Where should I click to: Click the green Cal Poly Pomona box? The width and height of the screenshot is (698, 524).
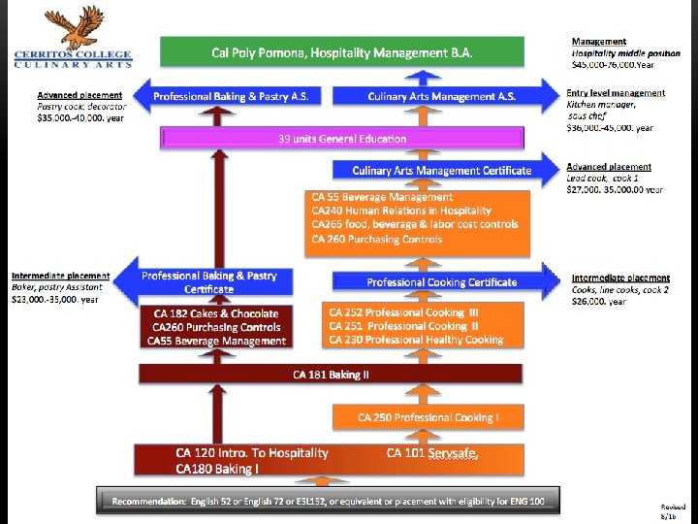[x=342, y=52]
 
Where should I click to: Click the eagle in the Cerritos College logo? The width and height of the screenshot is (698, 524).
[x=75, y=26]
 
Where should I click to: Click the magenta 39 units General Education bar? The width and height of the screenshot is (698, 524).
[x=342, y=139]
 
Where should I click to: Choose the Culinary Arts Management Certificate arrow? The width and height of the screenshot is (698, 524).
[x=442, y=170]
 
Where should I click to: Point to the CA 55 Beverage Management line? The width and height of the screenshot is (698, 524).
[x=382, y=197]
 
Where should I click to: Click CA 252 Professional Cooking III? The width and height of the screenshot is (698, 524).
[x=403, y=312]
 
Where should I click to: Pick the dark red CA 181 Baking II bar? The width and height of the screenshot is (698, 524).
[x=330, y=375]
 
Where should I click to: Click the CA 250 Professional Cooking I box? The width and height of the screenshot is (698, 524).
[x=428, y=417]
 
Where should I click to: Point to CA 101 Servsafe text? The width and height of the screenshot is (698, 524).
[x=432, y=453]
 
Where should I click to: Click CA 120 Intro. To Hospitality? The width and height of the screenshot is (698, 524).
[x=252, y=453]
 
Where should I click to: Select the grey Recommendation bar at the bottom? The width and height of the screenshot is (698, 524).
[x=329, y=501]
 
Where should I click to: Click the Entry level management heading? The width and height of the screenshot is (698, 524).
[x=616, y=93]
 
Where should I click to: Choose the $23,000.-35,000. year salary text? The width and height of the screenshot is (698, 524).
[x=55, y=300]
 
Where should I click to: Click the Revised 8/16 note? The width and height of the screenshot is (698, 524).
[x=672, y=512]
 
